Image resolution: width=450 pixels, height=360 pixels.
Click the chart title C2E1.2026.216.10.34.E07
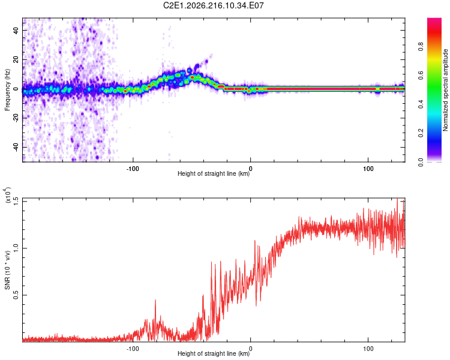pyautogui.click(x=213, y=5)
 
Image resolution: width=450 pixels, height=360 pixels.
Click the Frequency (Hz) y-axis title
pyautogui.click(x=7, y=90)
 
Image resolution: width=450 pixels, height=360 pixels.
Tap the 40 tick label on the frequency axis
pyautogui.click(x=16, y=30)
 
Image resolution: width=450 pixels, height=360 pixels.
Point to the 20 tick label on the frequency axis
pyautogui.click(x=16, y=59)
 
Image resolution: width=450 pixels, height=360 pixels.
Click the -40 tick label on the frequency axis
pyautogui.click(x=16, y=146)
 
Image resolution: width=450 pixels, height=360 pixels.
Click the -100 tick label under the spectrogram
pyautogui.click(x=133, y=169)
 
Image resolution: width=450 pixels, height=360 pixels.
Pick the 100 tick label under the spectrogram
pyautogui.click(x=368, y=169)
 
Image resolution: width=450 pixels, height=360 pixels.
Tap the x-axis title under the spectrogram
pyautogui.click(x=214, y=173)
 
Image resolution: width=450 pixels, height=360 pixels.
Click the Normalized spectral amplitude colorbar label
pyautogui.click(x=445, y=90)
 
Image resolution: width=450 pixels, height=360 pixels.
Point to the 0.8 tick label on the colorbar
pyautogui.click(x=421, y=47)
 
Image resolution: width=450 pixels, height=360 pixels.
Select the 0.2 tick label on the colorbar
pyautogui.click(x=421, y=133)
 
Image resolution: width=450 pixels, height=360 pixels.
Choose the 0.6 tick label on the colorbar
pyautogui.click(x=421, y=75)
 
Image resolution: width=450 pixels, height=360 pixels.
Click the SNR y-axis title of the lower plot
pyautogui.click(x=7, y=270)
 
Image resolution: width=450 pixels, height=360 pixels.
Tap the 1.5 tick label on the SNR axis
pyautogui.click(x=16, y=201)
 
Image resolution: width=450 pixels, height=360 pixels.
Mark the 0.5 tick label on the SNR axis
pyautogui.click(x=16, y=295)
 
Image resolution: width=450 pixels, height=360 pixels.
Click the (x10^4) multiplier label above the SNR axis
pyautogui.click(x=7, y=195)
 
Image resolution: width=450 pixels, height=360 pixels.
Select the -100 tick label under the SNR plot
pyautogui.click(x=133, y=349)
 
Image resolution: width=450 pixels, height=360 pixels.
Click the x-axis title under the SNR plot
pyautogui.click(x=214, y=353)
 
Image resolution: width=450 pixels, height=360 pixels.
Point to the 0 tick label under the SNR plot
pyautogui.click(x=251, y=349)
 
